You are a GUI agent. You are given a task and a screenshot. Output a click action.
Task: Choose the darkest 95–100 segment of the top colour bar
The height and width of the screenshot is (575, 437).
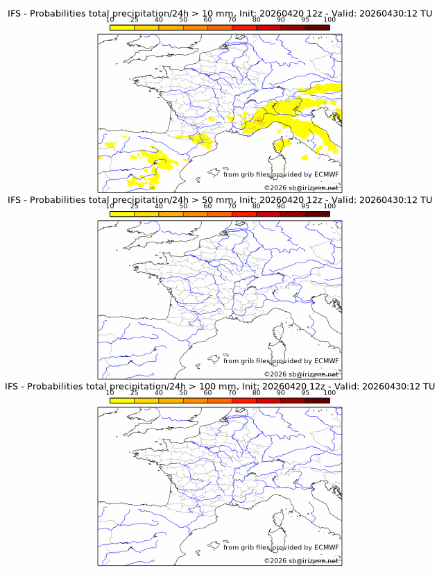(317, 26)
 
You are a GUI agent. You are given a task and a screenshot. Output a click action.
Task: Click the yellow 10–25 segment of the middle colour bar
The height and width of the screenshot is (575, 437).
(122, 213)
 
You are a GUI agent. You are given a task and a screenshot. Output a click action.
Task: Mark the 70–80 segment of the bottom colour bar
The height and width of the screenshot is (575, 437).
(244, 399)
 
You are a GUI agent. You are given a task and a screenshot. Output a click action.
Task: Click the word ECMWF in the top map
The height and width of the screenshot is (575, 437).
(327, 174)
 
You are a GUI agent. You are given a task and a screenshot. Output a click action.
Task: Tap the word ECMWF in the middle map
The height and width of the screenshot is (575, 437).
(327, 360)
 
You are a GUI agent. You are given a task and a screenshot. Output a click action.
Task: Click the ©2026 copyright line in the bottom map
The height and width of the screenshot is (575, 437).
(302, 560)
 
